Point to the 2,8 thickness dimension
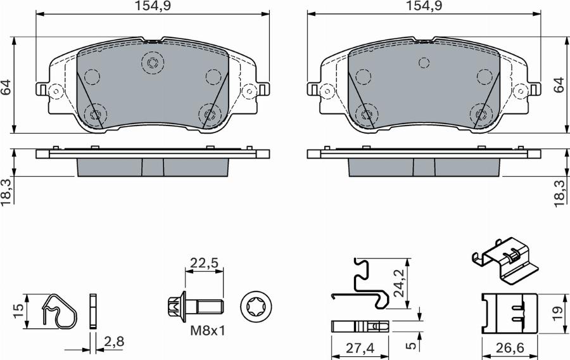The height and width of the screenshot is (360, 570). click(113, 343)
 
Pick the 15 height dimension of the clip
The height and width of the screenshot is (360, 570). click(18, 311)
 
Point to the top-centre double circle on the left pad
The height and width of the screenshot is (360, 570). click(152, 63)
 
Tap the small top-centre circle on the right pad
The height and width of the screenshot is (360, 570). click(424, 63)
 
